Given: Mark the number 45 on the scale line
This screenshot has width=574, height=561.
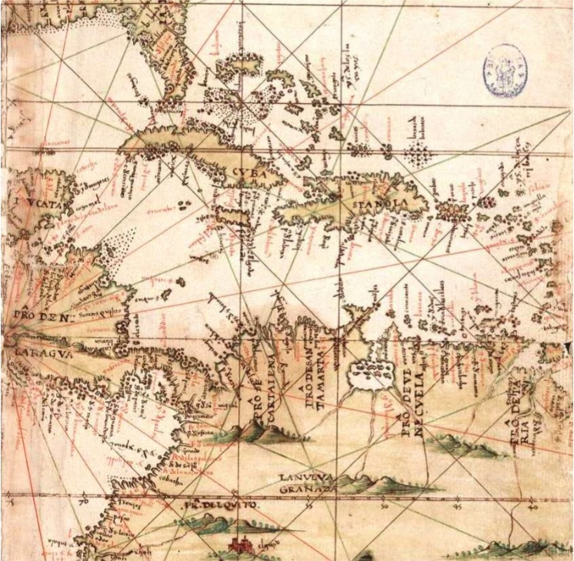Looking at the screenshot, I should pyautogui.click(x=457, y=507).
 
